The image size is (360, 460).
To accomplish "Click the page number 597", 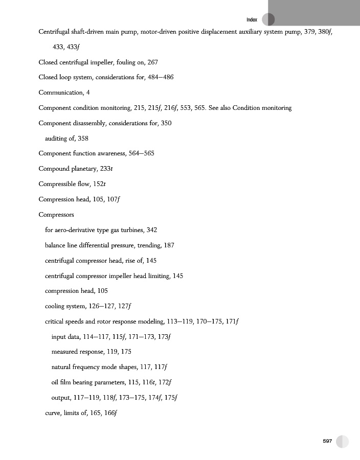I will [327, 441].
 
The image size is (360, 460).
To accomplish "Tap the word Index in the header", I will [252, 20].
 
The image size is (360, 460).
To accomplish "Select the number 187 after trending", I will [169, 245].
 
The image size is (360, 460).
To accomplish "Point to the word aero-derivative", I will [76, 230].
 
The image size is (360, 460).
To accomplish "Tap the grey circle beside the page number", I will [342, 442].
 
